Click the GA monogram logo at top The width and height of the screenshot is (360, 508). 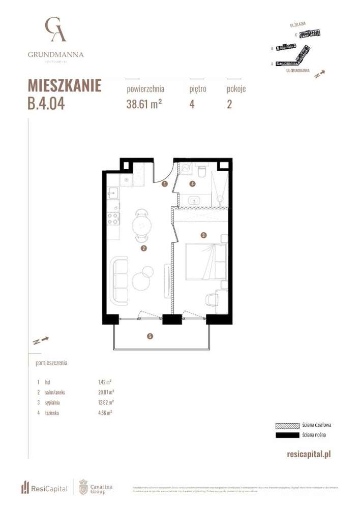tap(55, 29)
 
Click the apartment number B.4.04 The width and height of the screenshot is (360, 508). tap(46, 103)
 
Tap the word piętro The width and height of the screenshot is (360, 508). tap(197, 88)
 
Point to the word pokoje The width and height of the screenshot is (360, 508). tap(236, 88)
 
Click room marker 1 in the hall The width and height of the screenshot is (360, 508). tap(164, 185)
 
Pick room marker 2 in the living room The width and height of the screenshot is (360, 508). tap(144, 248)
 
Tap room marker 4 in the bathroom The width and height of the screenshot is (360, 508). tap(192, 184)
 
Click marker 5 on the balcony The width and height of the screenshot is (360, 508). tap(149, 336)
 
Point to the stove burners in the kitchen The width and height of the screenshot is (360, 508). tap(113, 219)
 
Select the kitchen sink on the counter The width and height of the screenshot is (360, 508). tap(113, 193)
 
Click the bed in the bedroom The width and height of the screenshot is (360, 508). tap(206, 261)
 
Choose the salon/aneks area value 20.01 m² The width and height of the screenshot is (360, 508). tap(106, 392)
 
